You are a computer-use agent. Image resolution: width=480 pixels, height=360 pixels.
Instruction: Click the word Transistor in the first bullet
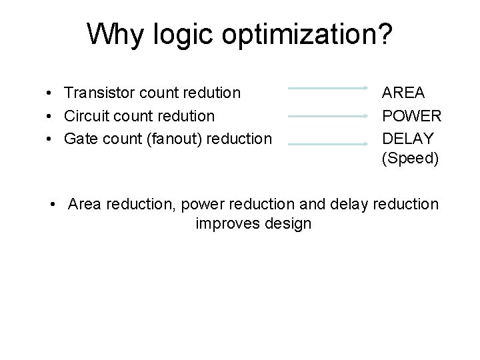click(x=99, y=93)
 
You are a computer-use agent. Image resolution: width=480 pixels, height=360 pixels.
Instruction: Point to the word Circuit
click(x=87, y=116)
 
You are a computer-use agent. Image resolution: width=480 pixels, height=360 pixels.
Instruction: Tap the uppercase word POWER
click(x=411, y=116)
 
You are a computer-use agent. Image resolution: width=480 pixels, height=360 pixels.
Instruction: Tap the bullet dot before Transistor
click(x=51, y=94)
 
